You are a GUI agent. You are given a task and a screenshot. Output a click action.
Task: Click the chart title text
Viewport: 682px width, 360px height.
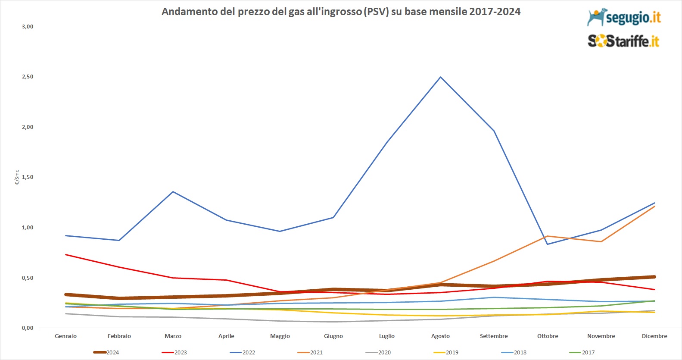pos(341,12)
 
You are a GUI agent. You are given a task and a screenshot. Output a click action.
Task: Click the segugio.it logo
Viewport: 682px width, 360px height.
pos(623,17)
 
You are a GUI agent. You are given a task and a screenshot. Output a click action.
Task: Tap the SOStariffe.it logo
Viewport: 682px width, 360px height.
pos(623,41)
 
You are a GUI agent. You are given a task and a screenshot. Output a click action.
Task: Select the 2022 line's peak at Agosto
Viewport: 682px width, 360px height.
pos(440,77)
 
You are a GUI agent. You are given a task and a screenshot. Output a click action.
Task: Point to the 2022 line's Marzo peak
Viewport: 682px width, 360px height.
pos(173,191)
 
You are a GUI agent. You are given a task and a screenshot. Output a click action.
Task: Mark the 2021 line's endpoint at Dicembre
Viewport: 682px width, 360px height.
pos(654,207)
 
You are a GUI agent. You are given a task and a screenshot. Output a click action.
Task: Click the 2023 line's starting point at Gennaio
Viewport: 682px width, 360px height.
pos(66,255)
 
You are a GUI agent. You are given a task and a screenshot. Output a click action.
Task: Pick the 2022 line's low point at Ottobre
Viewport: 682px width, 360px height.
pos(548,244)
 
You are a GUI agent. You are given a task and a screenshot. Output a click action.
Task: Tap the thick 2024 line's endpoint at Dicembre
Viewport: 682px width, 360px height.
pos(654,277)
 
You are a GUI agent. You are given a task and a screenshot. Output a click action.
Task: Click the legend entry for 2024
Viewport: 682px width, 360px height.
pos(106,352)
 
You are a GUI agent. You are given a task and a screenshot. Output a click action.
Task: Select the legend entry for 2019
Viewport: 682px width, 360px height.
pos(446,352)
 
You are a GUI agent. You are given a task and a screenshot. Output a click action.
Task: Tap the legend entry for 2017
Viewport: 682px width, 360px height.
pos(582,352)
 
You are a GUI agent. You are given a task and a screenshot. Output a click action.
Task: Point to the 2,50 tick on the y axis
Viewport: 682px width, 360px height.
pos(28,77)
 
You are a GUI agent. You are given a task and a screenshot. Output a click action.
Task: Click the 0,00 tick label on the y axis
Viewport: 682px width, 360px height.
pos(28,328)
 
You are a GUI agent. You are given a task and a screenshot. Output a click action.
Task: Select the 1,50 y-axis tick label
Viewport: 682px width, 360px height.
pos(28,177)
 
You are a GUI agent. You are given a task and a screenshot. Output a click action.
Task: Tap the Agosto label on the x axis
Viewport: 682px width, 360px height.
pos(440,336)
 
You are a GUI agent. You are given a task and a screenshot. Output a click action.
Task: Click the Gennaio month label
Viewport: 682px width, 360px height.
pos(66,336)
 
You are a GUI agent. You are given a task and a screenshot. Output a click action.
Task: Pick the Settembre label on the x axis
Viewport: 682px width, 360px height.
pos(494,336)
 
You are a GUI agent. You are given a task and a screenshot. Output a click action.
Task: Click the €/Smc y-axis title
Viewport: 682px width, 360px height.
pos(17,177)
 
